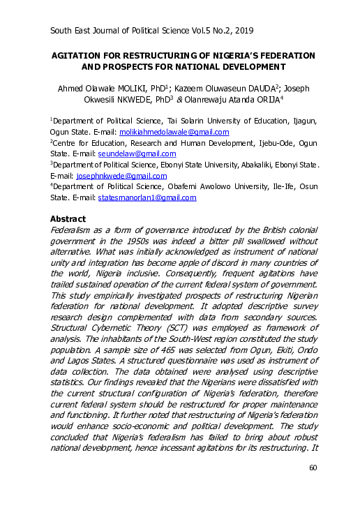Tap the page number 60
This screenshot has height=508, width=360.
[313, 486]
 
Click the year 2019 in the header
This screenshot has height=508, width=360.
[241, 31]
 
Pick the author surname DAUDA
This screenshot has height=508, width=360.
[255, 89]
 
